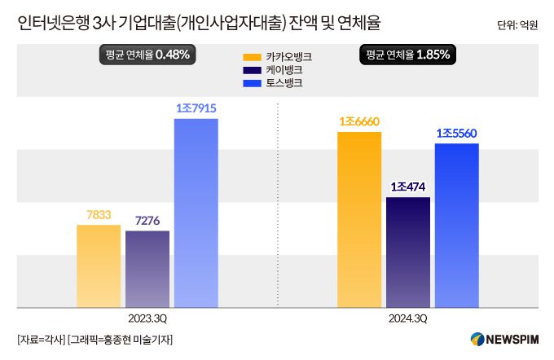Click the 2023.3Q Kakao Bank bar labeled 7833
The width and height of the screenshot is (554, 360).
tap(98, 266)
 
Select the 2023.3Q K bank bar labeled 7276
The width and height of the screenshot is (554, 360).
tap(147, 269)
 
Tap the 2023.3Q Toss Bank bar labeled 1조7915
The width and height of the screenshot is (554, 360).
tap(196, 213)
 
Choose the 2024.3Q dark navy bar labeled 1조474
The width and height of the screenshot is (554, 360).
tap(408, 252)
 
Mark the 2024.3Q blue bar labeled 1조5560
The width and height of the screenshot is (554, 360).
tap(456, 226)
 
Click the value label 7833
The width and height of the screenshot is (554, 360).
tap(99, 214)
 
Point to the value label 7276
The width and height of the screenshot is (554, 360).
tap(147, 221)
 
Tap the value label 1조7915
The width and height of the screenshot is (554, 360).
tap(196, 108)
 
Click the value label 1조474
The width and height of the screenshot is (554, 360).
tap(408, 187)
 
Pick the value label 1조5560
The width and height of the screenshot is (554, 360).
tap(456, 133)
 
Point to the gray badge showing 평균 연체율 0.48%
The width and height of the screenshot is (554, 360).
tap(147, 55)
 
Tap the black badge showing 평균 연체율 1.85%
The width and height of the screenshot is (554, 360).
tap(408, 55)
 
